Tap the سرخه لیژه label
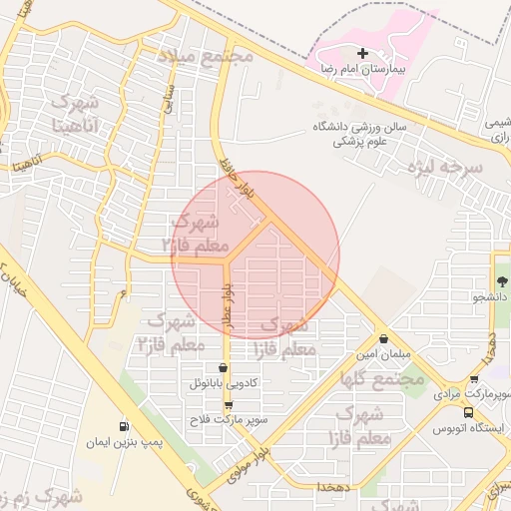coord(445,168)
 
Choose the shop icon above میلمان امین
coord(383,338)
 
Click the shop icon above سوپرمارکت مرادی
coord(474,380)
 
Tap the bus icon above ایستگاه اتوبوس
coord(468,412)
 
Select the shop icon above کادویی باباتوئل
coord(222,367)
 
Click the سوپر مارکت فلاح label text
coord(232,421)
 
